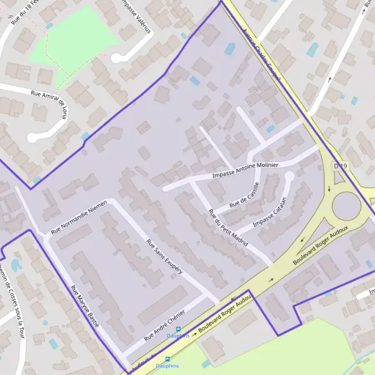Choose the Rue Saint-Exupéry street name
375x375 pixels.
coord(164,257)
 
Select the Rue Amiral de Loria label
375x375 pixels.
coord(49,100)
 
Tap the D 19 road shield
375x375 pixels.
coord(339,166)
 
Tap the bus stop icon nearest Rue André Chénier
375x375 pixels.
coord(177,329)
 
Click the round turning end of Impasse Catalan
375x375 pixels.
coord(289,177)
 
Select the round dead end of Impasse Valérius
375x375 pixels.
coord(116,57)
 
